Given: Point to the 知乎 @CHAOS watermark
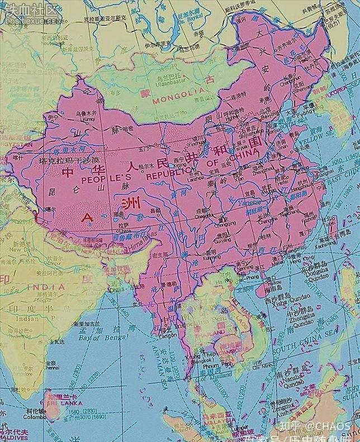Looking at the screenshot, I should pos(315,426).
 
